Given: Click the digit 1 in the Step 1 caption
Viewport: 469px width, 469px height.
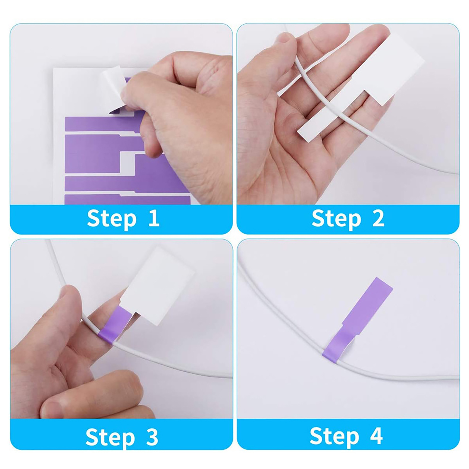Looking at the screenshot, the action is pos(154,218).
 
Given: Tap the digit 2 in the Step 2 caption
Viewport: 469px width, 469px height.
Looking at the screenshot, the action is pos(378,218).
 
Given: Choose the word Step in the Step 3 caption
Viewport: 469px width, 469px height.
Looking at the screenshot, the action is pos(110,437).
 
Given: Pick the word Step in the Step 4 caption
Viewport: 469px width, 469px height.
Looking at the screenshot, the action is pos(334,436).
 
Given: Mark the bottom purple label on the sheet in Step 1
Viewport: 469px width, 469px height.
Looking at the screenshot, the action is pos(128,199).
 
